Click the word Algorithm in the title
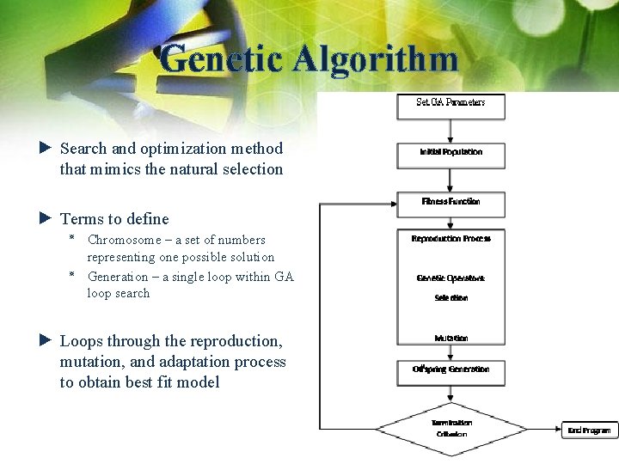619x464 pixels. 374,59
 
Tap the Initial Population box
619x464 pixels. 450,153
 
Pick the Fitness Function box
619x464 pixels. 450,203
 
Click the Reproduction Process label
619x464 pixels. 450,239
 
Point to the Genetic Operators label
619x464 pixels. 450,278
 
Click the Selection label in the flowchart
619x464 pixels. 450,298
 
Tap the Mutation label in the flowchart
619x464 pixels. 450,339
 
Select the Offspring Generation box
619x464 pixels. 450,370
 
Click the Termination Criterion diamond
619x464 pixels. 450,428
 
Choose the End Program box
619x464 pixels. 590,430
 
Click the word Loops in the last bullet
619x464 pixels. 80,341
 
